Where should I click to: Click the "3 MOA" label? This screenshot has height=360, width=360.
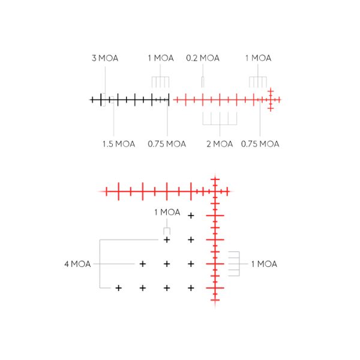click(x=105, y=58)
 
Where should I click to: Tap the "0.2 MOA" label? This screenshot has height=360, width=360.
click(x=203, y=58)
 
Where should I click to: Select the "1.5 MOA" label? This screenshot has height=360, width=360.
click(x=118, y=144)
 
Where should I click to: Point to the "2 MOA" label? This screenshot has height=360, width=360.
click(x=220, y=144)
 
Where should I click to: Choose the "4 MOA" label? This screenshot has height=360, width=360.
click(x=77, y=264)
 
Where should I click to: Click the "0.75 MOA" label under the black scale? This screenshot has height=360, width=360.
click(x=167, y=144)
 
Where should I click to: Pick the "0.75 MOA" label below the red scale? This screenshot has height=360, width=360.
click(x=260, y=144)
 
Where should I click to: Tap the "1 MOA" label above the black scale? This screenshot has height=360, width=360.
click(x=161, y=58)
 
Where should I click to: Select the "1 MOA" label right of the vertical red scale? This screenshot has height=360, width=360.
click(x=264, y=264)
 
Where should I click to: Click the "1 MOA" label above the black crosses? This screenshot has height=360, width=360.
click(x=167, y=212)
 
